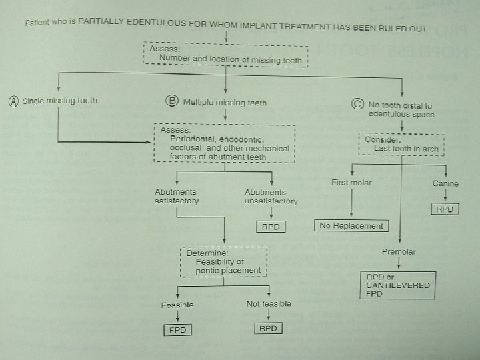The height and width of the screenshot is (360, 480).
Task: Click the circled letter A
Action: tap(13, 101)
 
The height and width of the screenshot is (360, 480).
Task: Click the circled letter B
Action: tap(171, 101)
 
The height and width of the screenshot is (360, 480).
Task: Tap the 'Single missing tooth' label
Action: tap(60, 101)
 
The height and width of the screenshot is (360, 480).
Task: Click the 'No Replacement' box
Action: tap(351, 226)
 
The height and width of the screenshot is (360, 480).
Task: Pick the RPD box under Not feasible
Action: tap(268, 328)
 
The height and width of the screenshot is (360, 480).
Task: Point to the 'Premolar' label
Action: tap(398, 252)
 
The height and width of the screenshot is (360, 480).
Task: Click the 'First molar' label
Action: tap(351, 182)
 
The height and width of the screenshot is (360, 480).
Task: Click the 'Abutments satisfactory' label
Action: tap(176, 196)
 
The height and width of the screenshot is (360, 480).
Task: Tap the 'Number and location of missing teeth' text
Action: tap(230, 60)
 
